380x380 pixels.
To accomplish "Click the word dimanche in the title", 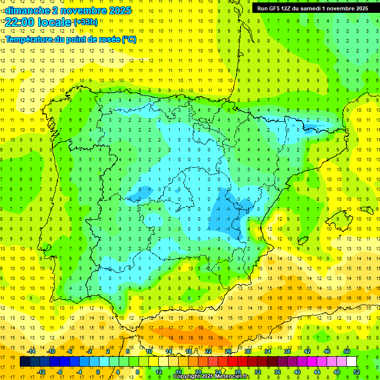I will (25, 10).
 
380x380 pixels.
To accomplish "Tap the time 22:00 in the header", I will (20, 22).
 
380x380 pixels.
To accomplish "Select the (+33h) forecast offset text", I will (86, 22).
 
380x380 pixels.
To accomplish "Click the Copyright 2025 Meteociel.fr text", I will (211, 377).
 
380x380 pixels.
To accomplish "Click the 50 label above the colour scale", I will (346, 351).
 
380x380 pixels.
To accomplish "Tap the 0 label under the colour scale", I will (98, 372).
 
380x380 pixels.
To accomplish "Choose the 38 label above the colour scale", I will (287, 351).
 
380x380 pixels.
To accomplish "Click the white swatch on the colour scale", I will (351, 361).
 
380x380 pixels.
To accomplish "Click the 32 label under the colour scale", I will (258, 372).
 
